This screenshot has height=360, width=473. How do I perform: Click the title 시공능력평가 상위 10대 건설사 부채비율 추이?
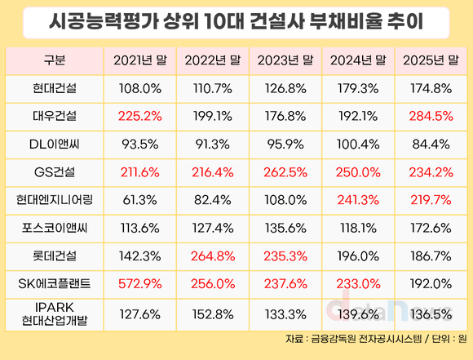pos(236,23)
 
